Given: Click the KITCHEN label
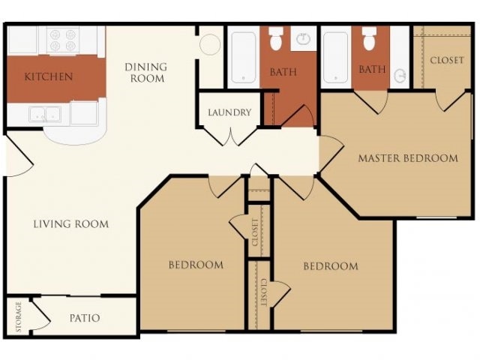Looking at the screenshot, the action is pyautogui.click(x=48, y=76).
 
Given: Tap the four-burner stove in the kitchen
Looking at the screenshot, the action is pyautogui.click(x=63, y=40).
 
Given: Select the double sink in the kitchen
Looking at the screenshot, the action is pyautogui.click(x=45, y=115).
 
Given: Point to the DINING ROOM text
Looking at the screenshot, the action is pyautogui.click(x=146, y=73).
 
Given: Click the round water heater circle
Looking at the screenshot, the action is pyautogui.click(x=210, y=44).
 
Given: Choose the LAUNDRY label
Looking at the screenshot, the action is pyautogui.click(x=229, y=112).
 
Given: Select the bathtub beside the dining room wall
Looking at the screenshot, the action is pyautogui.click(x=244, y=57).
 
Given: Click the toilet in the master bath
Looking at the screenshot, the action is pyautogui.click(x=368, y=38).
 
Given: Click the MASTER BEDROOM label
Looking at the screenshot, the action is pyautogui.click(x=408, y=158).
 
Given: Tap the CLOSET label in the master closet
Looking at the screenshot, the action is pyautogui.click(x=447, y=60).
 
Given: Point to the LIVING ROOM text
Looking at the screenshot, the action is pyautogui.click(x=71, y=224).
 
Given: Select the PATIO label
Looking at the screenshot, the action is pyautogui.click(x=85, y=318).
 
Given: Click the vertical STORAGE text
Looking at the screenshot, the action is pyautogui.click(x=19, y=317).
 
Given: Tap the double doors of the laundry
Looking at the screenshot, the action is pyautogui.click(x=230, y=136).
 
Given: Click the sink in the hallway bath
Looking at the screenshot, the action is pyautogui.click(x=303, y=38).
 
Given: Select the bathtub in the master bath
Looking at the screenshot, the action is pyautogui.click(x=336, y=57).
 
